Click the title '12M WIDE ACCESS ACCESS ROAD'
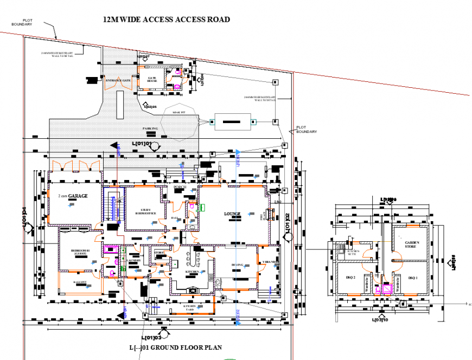pos(167,20)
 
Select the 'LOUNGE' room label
pos(232,214)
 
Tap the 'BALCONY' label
pos(80,282)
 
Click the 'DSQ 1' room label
pos(413,278)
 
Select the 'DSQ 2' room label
pos(350,277)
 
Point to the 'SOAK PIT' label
pos(178,112)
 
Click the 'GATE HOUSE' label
pos(152,79)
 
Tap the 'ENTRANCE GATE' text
pos(118,81)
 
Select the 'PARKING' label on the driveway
pos(150,128)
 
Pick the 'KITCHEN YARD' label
pos(189,307)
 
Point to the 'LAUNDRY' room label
pos(133,261)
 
